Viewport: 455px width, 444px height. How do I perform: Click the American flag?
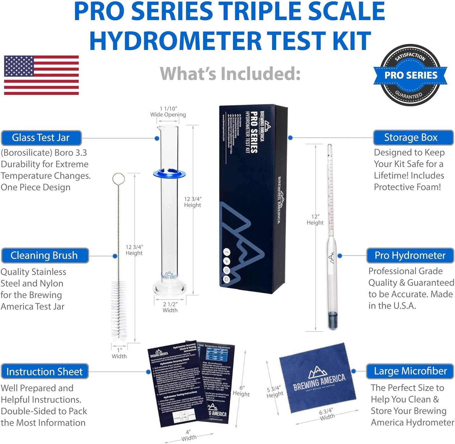41,75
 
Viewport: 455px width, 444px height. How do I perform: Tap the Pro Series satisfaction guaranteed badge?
410,75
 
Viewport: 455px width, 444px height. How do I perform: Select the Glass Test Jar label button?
41,138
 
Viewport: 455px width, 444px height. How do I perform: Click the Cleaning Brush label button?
45,255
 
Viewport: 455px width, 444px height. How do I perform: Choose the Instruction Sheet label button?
45,372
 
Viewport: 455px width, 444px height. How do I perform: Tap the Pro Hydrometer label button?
410,255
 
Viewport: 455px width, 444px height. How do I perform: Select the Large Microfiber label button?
410,371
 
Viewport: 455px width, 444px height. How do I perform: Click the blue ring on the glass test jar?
169,174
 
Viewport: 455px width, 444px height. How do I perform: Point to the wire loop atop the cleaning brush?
118,179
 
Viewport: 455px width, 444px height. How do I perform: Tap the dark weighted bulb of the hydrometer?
332,320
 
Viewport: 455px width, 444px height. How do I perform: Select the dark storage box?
253,197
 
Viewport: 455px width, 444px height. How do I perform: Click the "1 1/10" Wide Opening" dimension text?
168,112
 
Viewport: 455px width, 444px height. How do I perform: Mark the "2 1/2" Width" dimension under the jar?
170,307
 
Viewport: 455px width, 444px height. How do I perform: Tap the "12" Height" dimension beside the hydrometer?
315,220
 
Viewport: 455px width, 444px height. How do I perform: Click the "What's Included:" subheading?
230,74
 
